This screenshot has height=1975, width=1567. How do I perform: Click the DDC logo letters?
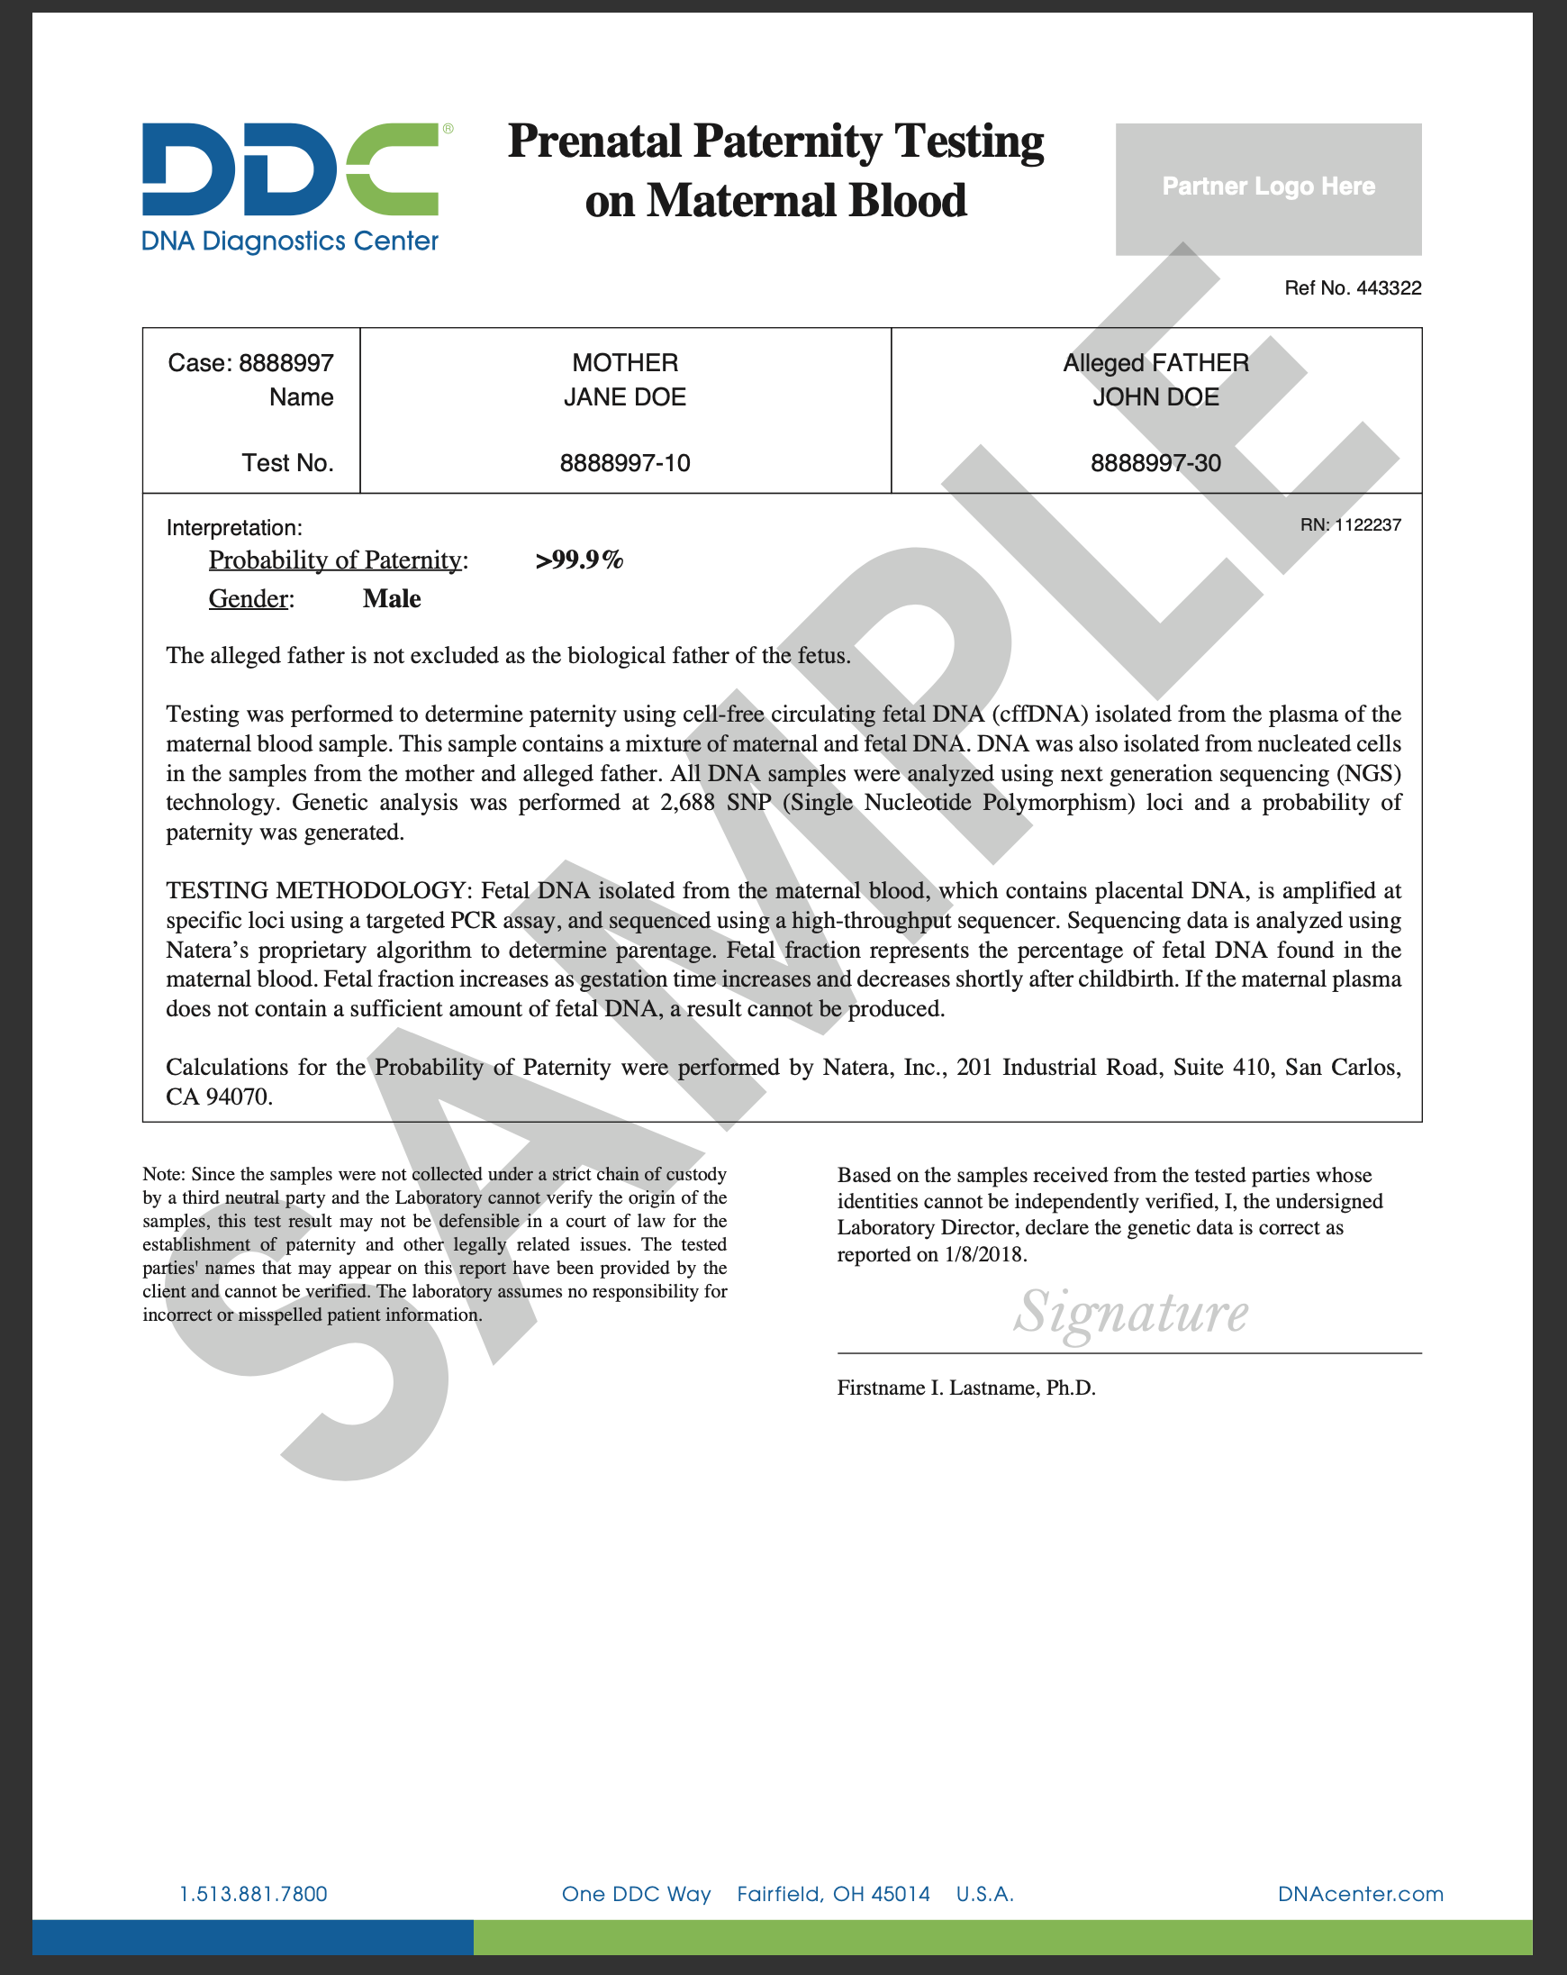[289, 169]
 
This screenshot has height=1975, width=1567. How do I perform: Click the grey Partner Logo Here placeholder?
[1267, 188]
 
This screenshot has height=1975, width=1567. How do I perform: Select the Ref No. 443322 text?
[1352, 288]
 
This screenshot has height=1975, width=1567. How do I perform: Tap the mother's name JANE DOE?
[625, 397]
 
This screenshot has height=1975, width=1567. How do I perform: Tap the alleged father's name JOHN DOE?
[1155, 397]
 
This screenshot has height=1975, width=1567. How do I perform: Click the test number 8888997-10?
[625, 463]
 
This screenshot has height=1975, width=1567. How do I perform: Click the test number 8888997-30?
[1155, 463]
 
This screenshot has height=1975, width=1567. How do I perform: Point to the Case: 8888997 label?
[250, 364]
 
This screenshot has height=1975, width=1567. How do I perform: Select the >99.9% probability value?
[579, 560]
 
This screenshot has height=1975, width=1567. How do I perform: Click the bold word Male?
[391, 599]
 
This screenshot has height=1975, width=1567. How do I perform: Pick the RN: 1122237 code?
[1350, 525]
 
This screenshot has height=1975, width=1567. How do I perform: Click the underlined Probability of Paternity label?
[335, 560]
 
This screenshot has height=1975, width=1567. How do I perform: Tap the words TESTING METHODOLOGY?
[317, 890]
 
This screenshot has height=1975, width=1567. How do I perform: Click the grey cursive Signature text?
[1130, 1313]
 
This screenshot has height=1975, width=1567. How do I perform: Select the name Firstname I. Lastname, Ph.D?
[966, 1388]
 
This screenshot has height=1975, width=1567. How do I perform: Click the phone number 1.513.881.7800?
[254, 1894]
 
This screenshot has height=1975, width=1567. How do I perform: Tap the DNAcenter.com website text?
[1360, 1894]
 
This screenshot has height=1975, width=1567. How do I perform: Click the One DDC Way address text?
[636, 1894]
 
